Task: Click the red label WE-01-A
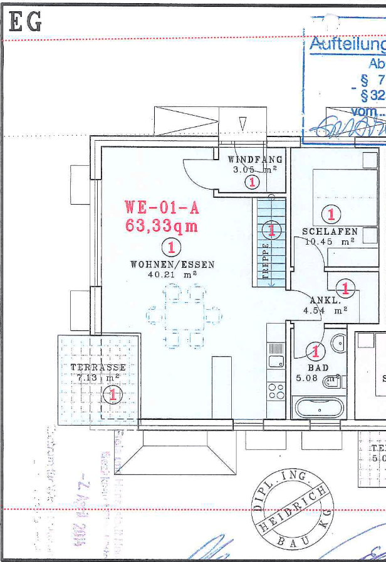pos(162,206)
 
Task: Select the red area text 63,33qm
pos(162,225)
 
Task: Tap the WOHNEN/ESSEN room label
pos(172,265)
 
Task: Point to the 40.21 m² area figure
pos(172,275)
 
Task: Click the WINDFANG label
pos(255,160)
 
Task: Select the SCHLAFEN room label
pos(330,232)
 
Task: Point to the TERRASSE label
pos(98,367)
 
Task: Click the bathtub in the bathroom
pos(318,408)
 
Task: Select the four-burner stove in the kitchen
pos(276,391)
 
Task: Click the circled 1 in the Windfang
pos(252,182)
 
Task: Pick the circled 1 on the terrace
pos(113,394)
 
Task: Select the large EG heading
pos(25,23)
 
